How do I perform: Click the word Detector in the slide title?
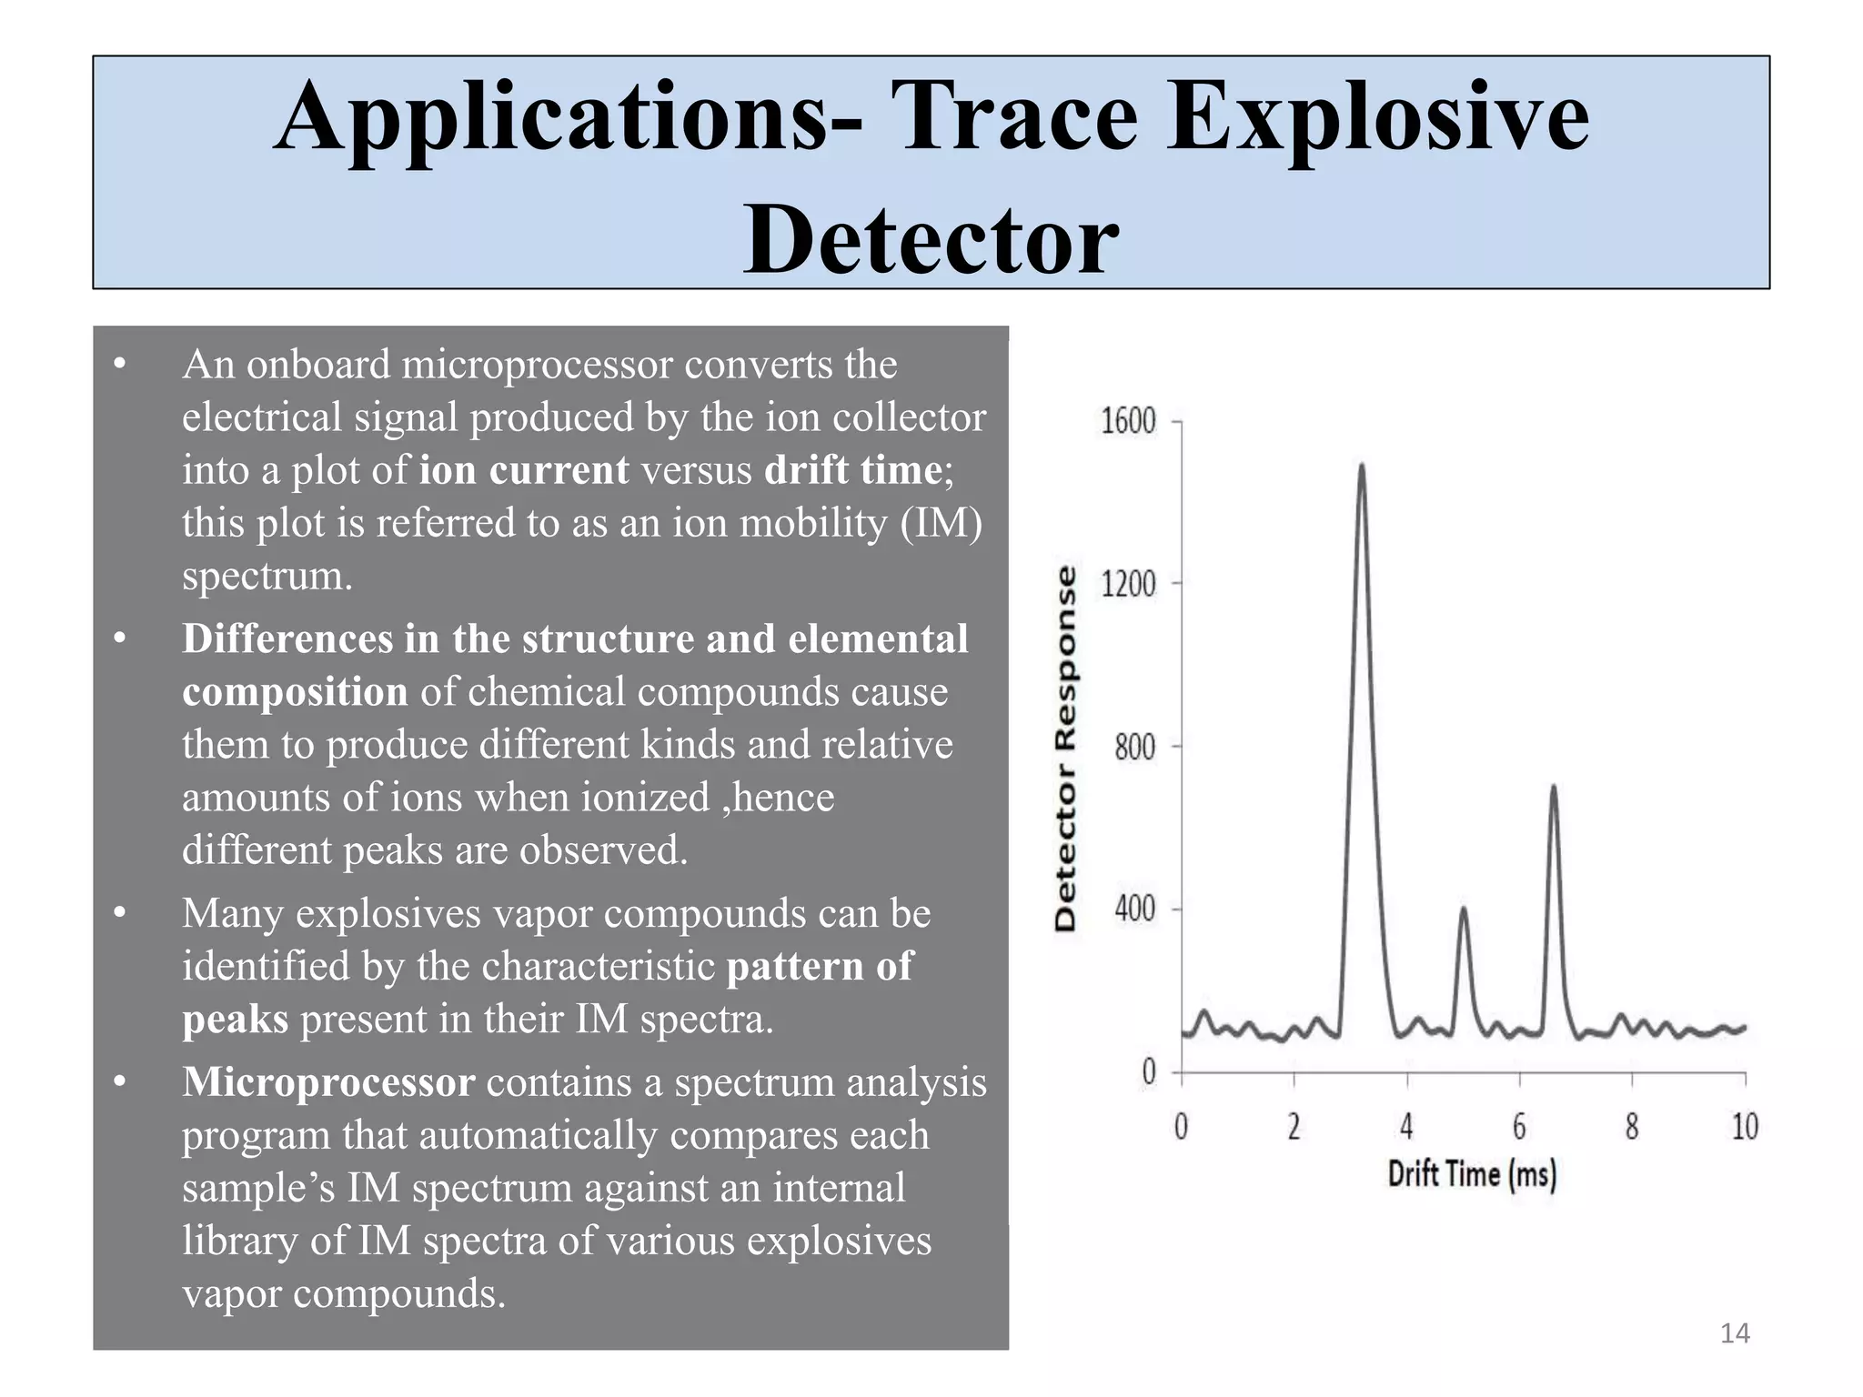(931, 239)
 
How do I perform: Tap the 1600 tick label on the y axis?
(1128, 421)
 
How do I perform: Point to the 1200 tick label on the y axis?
(1128, 583)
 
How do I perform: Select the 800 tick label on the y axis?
(1134, 747)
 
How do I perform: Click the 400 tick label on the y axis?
(1134, 909)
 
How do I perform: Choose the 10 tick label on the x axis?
(1744, 1127)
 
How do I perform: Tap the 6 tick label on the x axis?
(1519, 1127)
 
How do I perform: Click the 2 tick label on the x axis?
(1294, 1127)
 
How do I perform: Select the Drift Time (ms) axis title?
(1472, 1174)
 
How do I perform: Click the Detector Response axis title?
(1065, 748)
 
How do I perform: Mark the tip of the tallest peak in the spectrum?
(1362, 466)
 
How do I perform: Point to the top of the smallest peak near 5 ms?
(1463, 908)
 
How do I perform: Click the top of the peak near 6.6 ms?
(1554, 787)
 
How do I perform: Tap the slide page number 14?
(1735, 1333)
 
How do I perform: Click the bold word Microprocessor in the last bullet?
(328, 1082)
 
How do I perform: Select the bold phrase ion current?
(524, 470)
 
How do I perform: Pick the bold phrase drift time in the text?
(852, 470)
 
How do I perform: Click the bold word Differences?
(287, 638)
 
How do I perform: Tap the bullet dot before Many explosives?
(119, 912)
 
